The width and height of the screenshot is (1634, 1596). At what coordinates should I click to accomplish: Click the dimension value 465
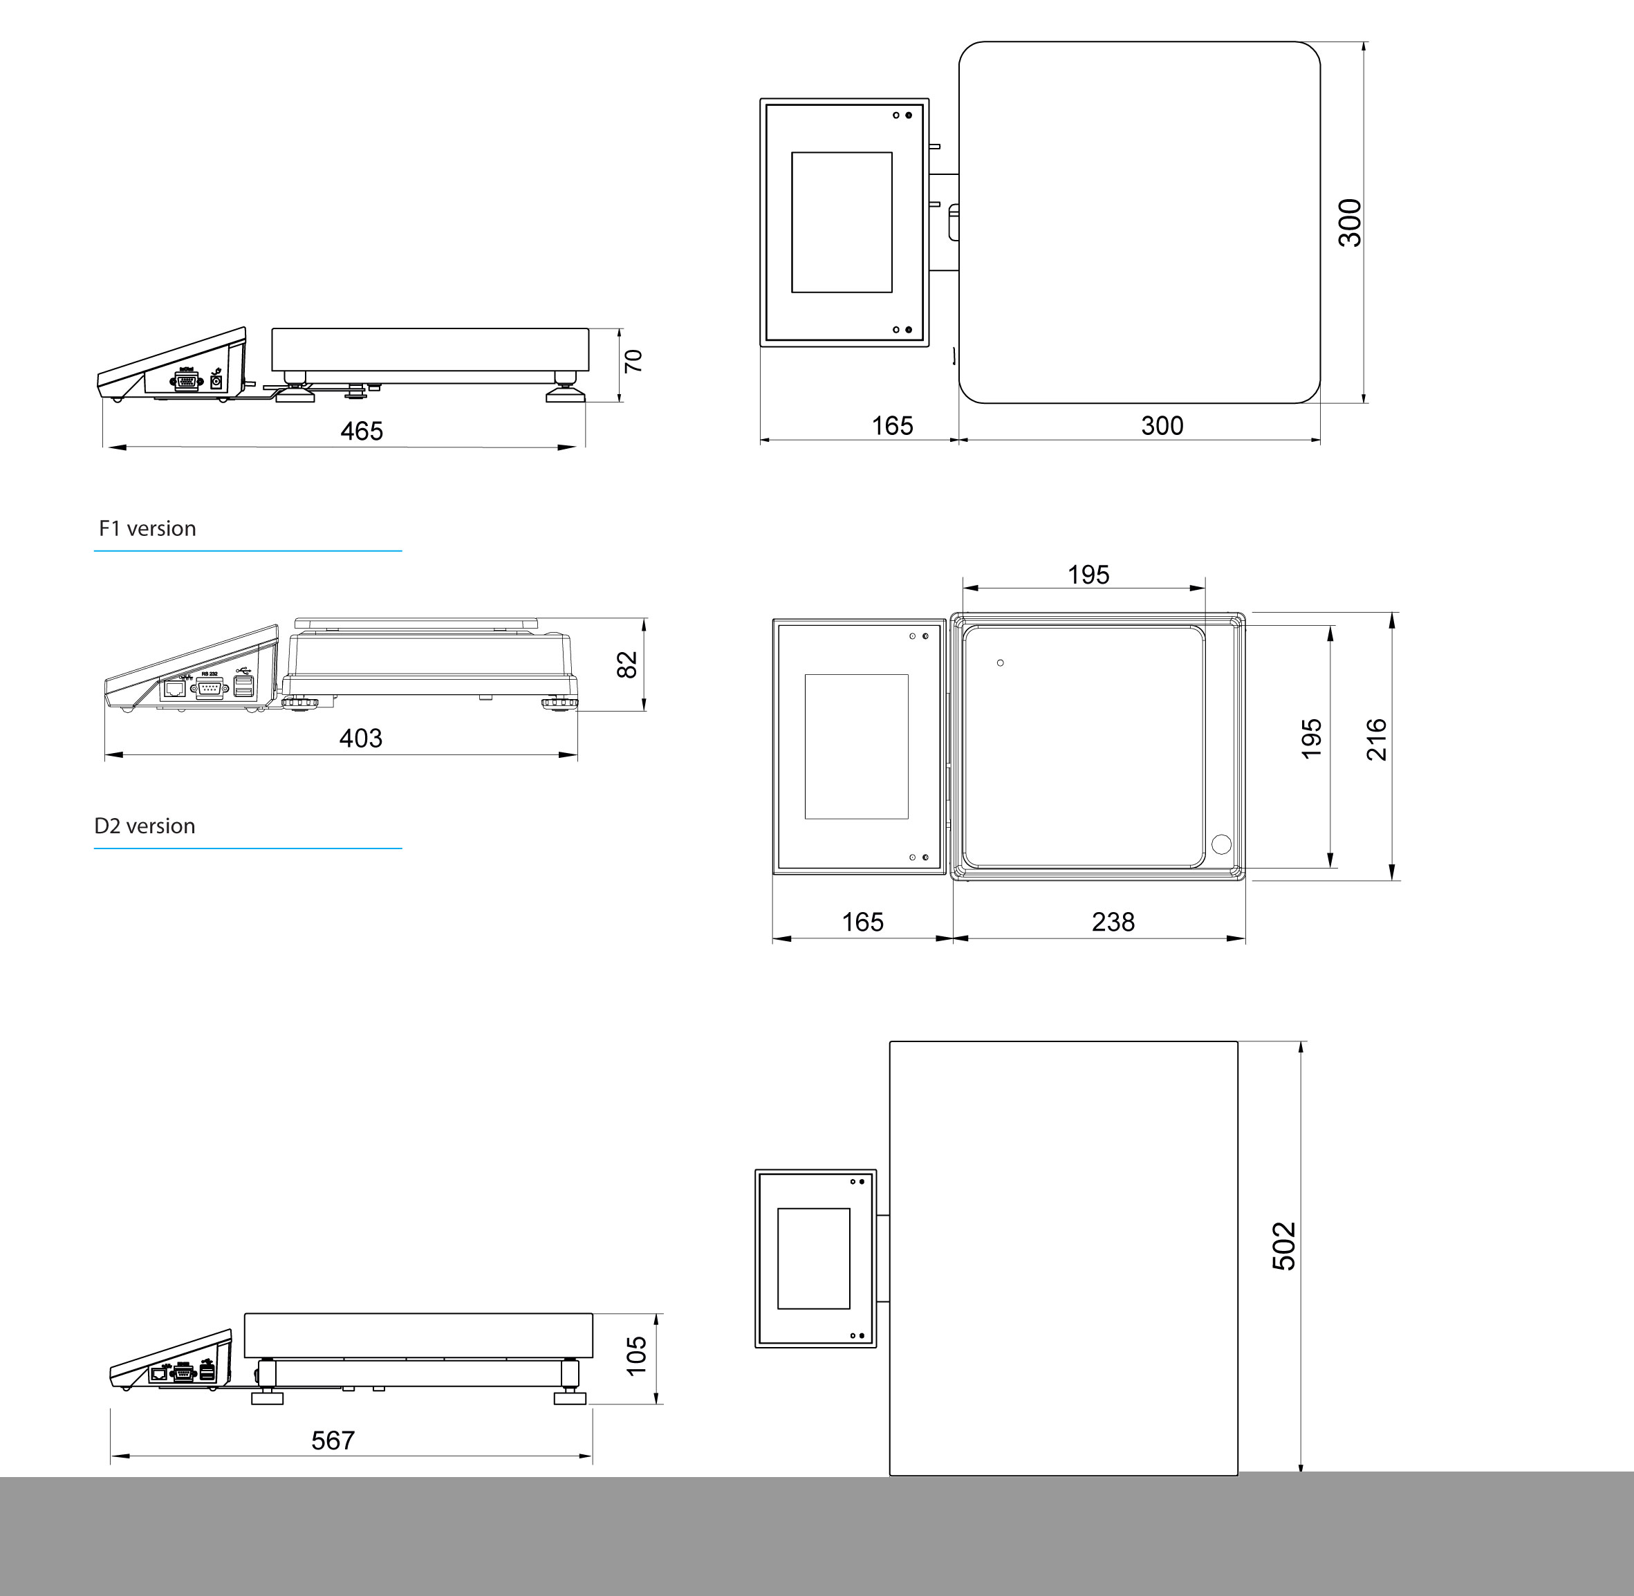(362, 431)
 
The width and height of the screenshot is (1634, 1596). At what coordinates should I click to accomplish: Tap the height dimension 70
(634, 361)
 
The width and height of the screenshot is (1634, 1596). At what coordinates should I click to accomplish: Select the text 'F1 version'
(147, 529)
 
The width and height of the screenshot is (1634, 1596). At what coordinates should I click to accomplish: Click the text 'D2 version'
(145, 826)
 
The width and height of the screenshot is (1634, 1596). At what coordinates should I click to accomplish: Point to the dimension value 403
(360, 739)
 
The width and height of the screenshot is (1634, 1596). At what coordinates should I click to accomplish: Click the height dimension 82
(627, 665)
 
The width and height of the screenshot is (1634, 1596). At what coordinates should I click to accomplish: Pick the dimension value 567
(333, 1441)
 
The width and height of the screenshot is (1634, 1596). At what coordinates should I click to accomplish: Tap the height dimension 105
(636, 1356)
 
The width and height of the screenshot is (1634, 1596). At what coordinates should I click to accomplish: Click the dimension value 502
(1283, 1247)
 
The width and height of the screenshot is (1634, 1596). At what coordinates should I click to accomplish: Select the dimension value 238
(1113, 922)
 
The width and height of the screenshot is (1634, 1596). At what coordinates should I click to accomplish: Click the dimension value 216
(1377, 739)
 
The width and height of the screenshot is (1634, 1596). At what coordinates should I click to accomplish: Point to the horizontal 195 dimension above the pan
(1088, 575)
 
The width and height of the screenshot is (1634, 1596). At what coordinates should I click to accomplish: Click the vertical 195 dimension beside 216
(1311, 739)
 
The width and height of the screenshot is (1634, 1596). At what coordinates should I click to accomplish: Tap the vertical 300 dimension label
(1350, 223)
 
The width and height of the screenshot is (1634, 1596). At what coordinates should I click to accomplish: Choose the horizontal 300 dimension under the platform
(1162, 426)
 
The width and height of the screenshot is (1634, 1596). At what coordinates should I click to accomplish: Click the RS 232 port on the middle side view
(210, 688)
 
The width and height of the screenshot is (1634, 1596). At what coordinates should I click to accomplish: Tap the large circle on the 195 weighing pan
(1221, 844)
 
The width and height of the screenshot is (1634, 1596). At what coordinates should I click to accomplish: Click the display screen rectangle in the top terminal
(842, 222)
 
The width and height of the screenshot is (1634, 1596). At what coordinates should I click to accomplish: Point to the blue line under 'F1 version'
(248, 550)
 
